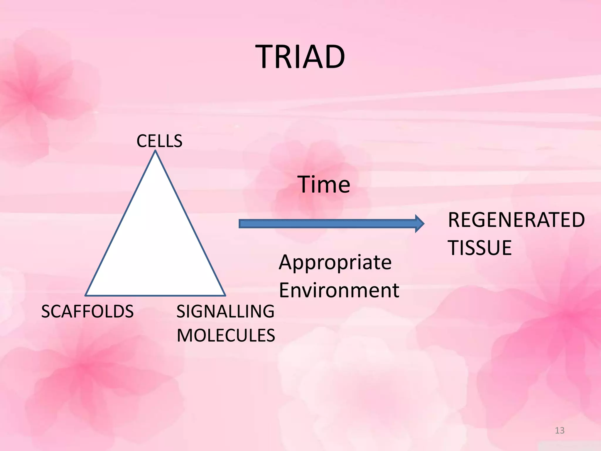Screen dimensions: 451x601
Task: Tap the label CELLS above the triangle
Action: pyautogui.click(x=159, y=141)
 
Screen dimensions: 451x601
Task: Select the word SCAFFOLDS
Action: pyautogui.click(x=87, y=312)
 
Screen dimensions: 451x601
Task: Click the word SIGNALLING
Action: pyautogui.click(x=225, y=312)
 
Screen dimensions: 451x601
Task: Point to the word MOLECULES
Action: pyautogui.click(x=226, y=336)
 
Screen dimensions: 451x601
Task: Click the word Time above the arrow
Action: pyautogui.click(x=324, y=184)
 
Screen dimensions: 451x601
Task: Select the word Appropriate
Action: pyautogui.click(x=335, y=262)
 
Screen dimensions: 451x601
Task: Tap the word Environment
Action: pyautogui.click(x=339, y=290)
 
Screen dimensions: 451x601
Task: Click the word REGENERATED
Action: pyautogui.click(x=516, y=220)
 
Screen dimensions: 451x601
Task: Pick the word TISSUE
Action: pyautogui.click(x=480, y=248)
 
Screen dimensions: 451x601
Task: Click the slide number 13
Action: pyautogui.click(x=560, y=430)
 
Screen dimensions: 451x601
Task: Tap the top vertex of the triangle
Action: pyautogui.click(x=156, y=151)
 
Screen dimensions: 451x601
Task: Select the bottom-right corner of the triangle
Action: pyautogui.click(x=225, y=295)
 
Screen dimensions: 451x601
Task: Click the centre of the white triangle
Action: pyautogui.click(x=156, y=247)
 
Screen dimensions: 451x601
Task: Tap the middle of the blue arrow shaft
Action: pyautogui.click(x=327, y=224)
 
